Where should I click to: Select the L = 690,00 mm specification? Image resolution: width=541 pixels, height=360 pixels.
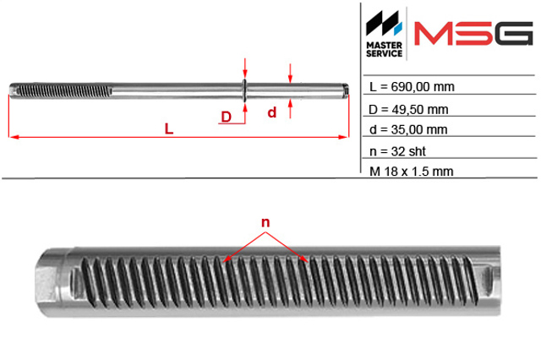412,86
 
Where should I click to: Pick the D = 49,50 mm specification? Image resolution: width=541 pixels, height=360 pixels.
408,110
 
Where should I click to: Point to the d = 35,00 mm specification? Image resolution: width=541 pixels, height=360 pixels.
408,129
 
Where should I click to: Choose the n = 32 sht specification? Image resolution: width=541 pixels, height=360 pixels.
397,151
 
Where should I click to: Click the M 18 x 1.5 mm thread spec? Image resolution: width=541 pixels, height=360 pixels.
411,172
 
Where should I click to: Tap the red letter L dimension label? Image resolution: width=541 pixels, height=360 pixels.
169,129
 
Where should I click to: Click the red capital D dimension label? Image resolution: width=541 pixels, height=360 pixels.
226,117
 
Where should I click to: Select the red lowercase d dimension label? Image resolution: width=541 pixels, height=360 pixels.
272,112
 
